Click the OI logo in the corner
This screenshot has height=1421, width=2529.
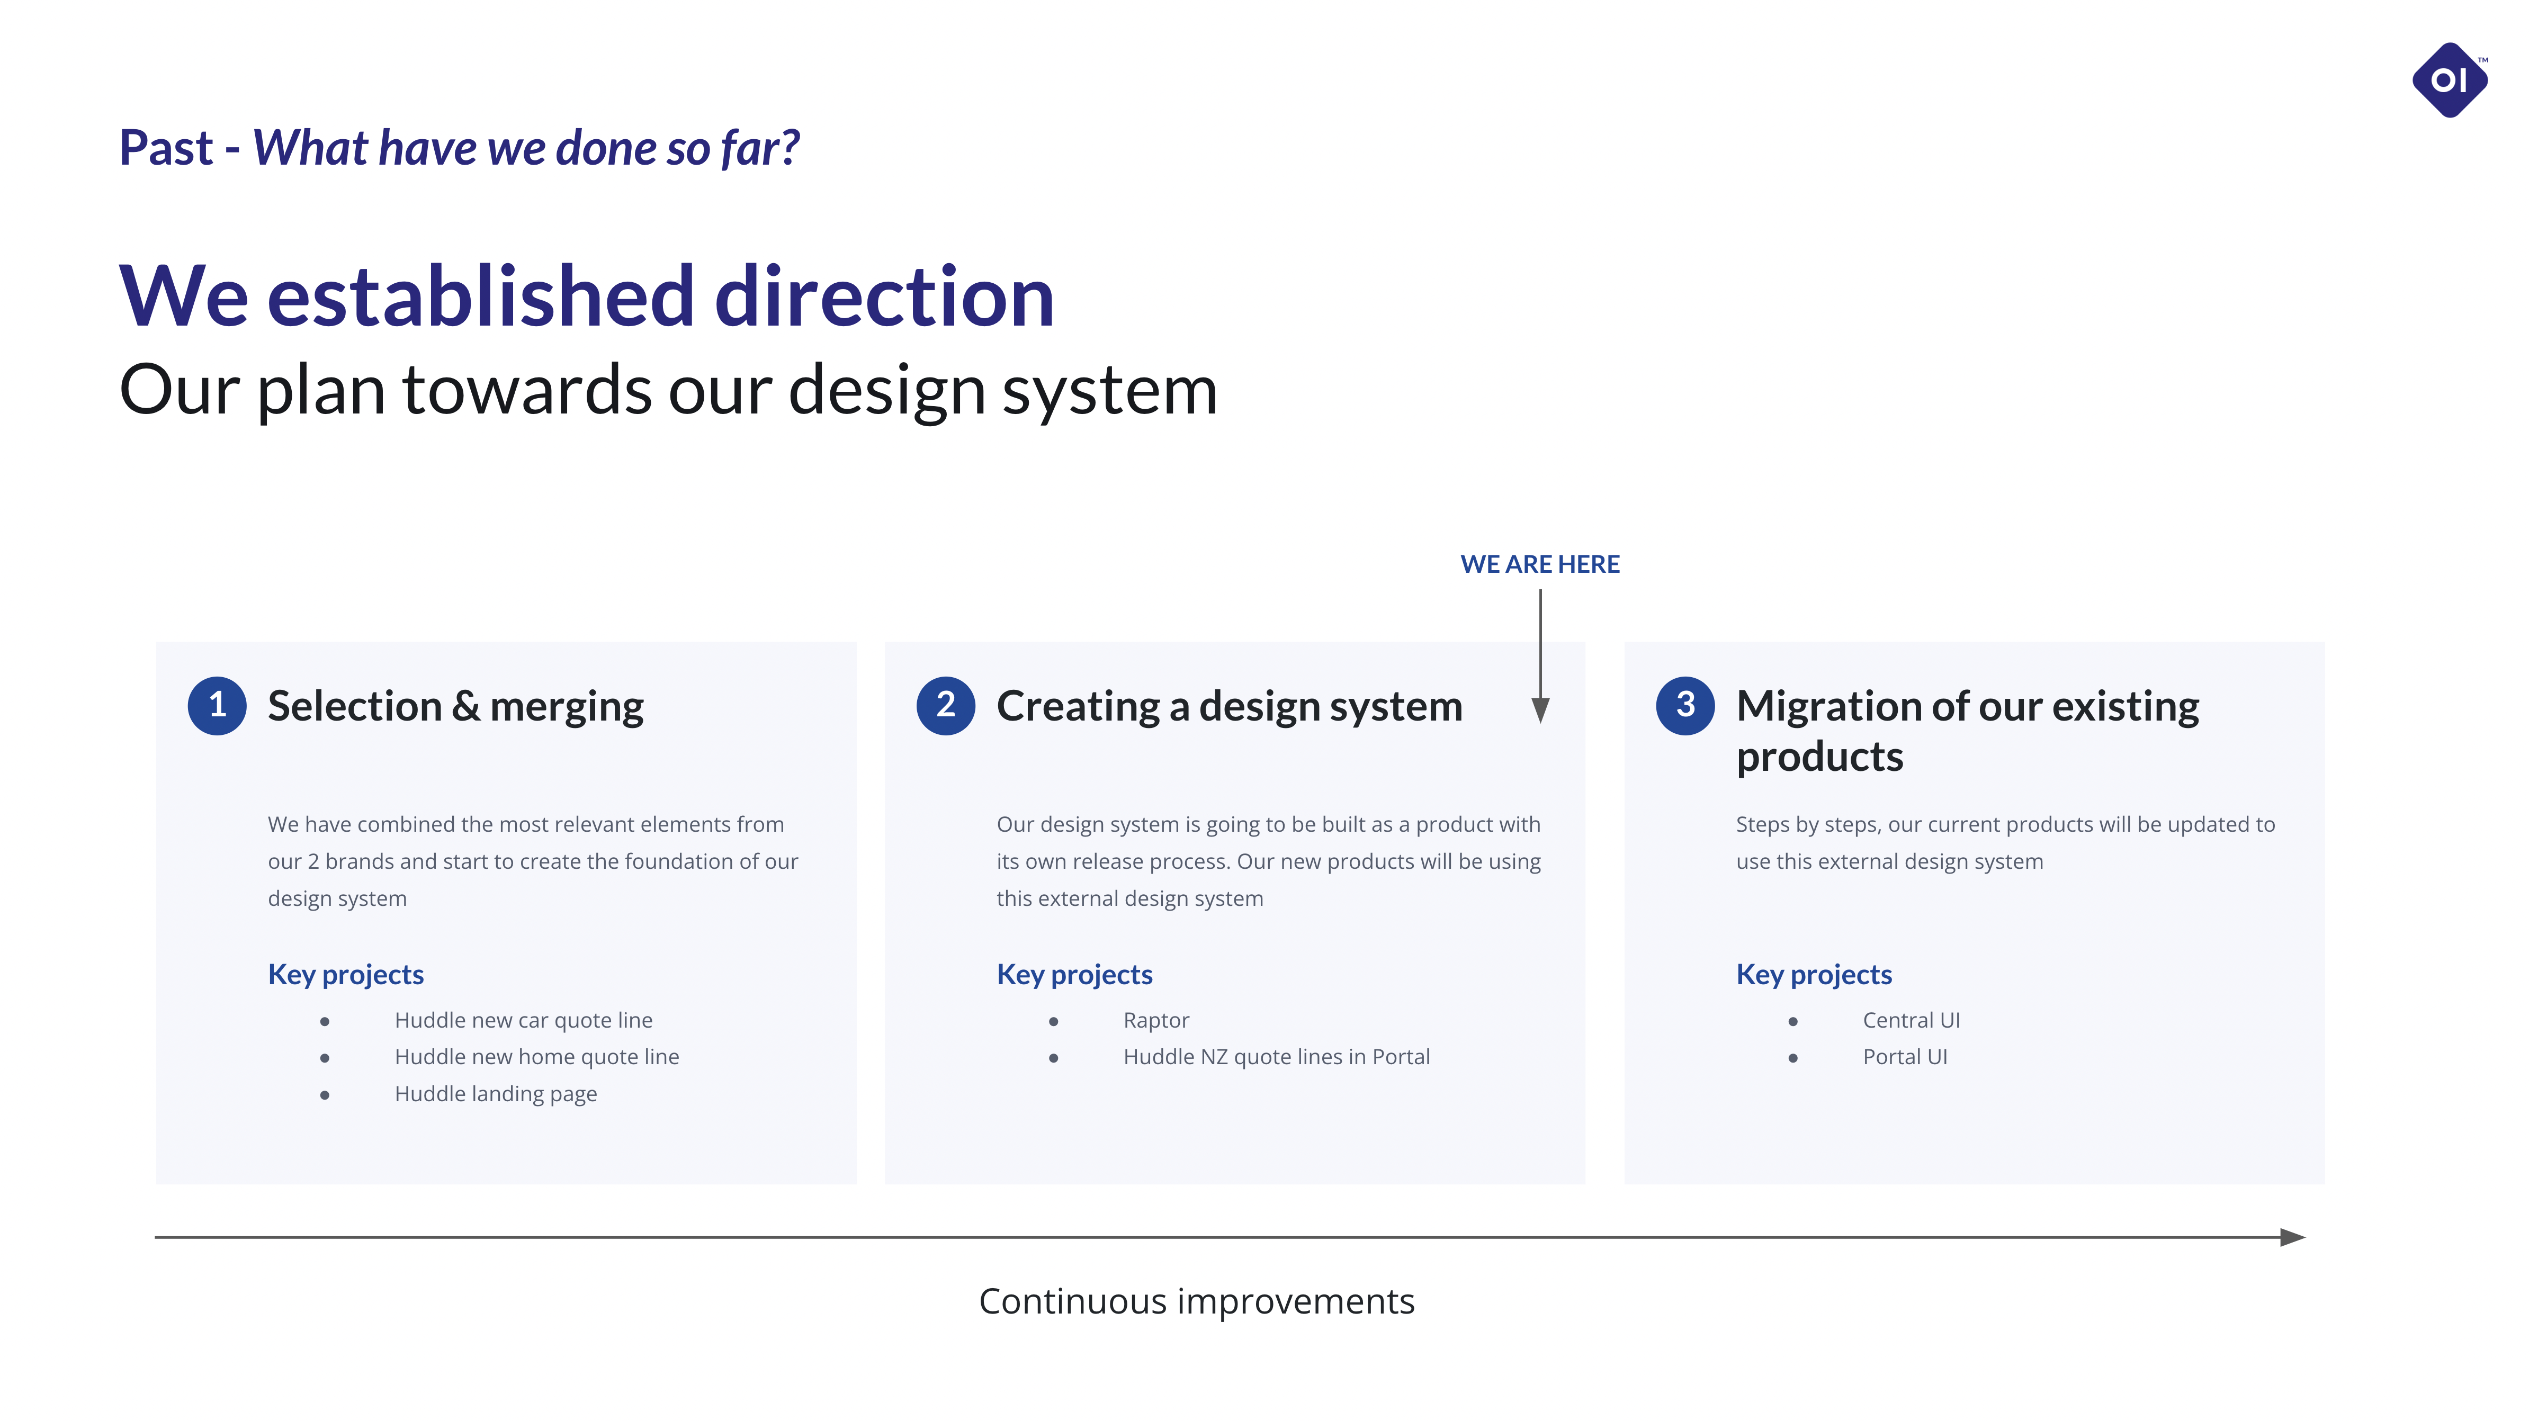tap(2450, 79)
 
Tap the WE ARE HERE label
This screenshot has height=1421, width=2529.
tap(1539, 564)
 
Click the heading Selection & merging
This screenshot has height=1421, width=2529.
tap(455, 707)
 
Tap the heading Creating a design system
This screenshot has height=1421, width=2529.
tap(1229, 707)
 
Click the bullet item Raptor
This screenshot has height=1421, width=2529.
tap(1155, 1021)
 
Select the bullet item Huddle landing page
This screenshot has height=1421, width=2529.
tap(496, 1094)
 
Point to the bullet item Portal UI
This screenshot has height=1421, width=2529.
tap(1905, 1057)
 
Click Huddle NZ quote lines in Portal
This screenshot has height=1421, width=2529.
tap(1276, 1057)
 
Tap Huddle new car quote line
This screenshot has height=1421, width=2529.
tap(523, 1021)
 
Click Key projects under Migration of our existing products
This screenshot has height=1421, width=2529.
tap(1813, 975)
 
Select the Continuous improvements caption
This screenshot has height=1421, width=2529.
tap(1197, 1301)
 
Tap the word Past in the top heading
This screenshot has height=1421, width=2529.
tap(166, 148)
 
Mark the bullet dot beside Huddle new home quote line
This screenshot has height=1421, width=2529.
tap(324, 1058)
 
